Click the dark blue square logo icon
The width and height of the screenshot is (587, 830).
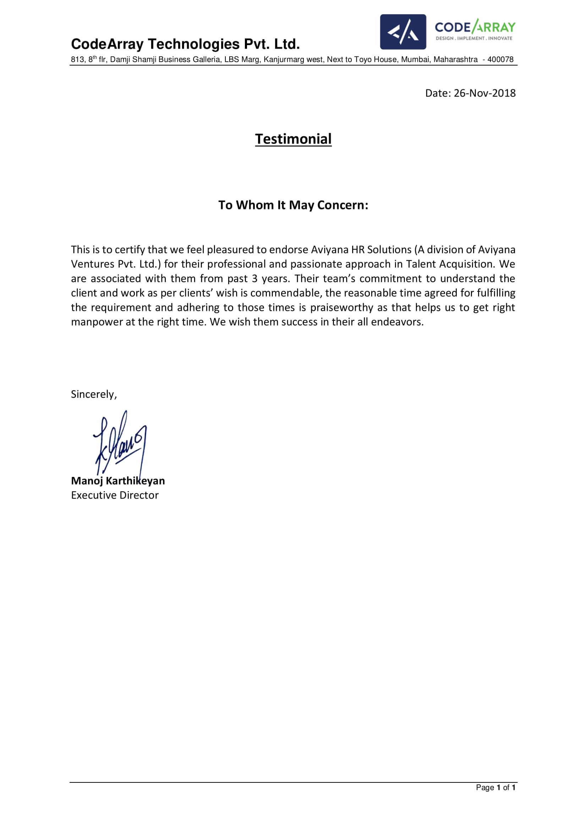[403, 32]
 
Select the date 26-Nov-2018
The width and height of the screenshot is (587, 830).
[484, 93]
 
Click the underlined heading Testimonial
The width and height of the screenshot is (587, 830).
[293, 139]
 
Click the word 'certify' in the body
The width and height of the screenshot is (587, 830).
[130, 250]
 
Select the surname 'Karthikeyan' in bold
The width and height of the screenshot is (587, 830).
[136, 481]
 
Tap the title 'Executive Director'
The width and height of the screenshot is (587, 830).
[115, 495]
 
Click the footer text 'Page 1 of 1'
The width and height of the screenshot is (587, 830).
[495, 787]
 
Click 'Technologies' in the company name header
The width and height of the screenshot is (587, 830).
[194, 44]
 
